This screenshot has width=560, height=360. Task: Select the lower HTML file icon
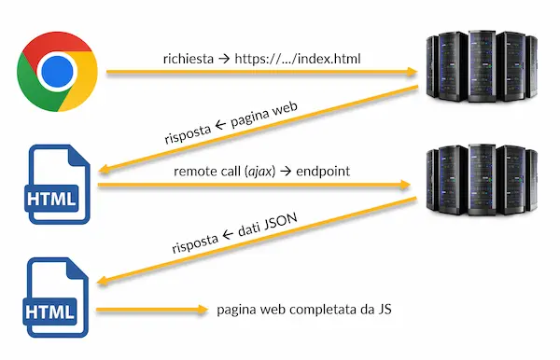tap(59, 299)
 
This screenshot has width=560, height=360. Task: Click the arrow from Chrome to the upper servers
tap(261, 71)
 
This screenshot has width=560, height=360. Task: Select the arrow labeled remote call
tap(252, 186)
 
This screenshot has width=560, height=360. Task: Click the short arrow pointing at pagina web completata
tap(149, 311)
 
